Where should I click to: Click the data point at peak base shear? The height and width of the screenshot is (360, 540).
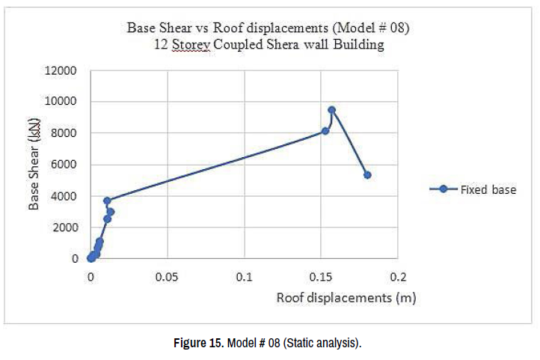[x=331, y=110]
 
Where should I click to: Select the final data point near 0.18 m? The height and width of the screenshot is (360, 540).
[x=367, y=175]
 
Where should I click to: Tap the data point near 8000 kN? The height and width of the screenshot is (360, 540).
[x=325, y=131]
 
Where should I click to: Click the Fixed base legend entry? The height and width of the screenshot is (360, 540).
[x=488, y=189]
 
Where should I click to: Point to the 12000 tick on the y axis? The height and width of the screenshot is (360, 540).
[x=62, y=71]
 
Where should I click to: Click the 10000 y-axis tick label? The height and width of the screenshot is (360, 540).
[x=62, y=103]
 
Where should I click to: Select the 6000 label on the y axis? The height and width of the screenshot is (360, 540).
[x=65, y=165]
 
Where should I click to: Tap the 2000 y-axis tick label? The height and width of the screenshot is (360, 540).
[x=65, y=228]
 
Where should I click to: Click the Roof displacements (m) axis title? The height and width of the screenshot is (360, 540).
[x=346, y=298]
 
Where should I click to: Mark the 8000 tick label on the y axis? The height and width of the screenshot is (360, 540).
[x=65, y=134]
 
